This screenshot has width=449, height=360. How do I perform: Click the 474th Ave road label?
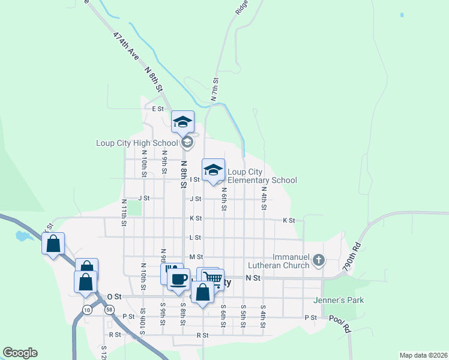coord(126,46)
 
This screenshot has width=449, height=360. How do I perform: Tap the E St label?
coord(158,109)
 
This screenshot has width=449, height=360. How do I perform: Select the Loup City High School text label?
coord(137,143)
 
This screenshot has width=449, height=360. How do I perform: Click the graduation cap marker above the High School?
coord(182,122)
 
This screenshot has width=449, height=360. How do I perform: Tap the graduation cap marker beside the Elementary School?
coord(213,170)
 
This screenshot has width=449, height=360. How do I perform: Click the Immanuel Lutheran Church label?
coord(282,260)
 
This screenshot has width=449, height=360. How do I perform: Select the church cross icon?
coord(318,260)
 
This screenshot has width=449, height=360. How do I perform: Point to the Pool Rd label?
coord(340,324)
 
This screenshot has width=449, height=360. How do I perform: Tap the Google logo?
coord(20,353)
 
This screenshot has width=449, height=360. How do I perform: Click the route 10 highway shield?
coord(88,310)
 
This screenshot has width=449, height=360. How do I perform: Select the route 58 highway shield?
coord(109,310)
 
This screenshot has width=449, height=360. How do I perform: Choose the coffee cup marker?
coord(178,279)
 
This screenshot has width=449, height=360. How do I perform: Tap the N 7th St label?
coord(214,88)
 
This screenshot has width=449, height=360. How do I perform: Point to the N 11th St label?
coord(124,213)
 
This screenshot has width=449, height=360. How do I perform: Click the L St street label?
coord(194,238)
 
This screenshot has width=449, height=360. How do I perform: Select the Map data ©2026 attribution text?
coord(423,355)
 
